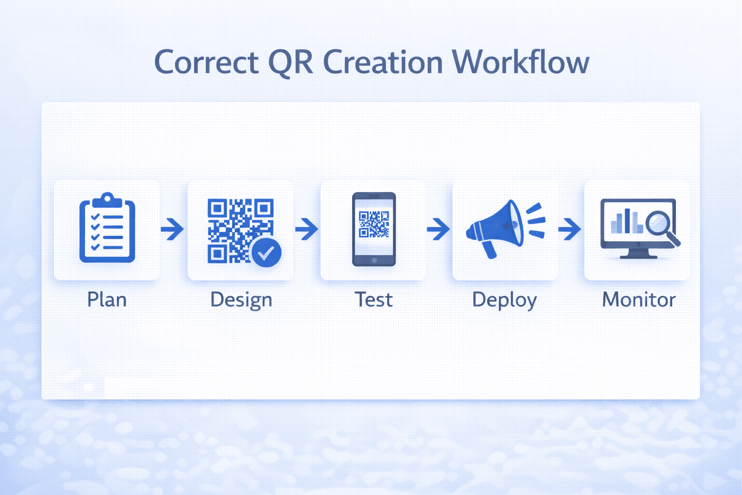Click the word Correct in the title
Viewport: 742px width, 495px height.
206,63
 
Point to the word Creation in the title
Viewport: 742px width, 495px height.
383,63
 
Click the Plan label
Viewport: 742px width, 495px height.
107,300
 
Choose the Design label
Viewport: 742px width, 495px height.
241,300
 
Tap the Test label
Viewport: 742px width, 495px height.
373,300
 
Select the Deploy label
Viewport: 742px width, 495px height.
504,300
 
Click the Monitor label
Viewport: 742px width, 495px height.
639,300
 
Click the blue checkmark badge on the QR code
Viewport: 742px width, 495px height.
266,252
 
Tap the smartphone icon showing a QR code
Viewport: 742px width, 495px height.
373,229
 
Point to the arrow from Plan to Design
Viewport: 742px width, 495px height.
172,229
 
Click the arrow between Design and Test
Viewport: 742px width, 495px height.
307,229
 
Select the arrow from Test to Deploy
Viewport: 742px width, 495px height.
439,229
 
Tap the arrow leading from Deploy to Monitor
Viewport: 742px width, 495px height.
570,229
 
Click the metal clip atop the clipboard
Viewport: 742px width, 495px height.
107,199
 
